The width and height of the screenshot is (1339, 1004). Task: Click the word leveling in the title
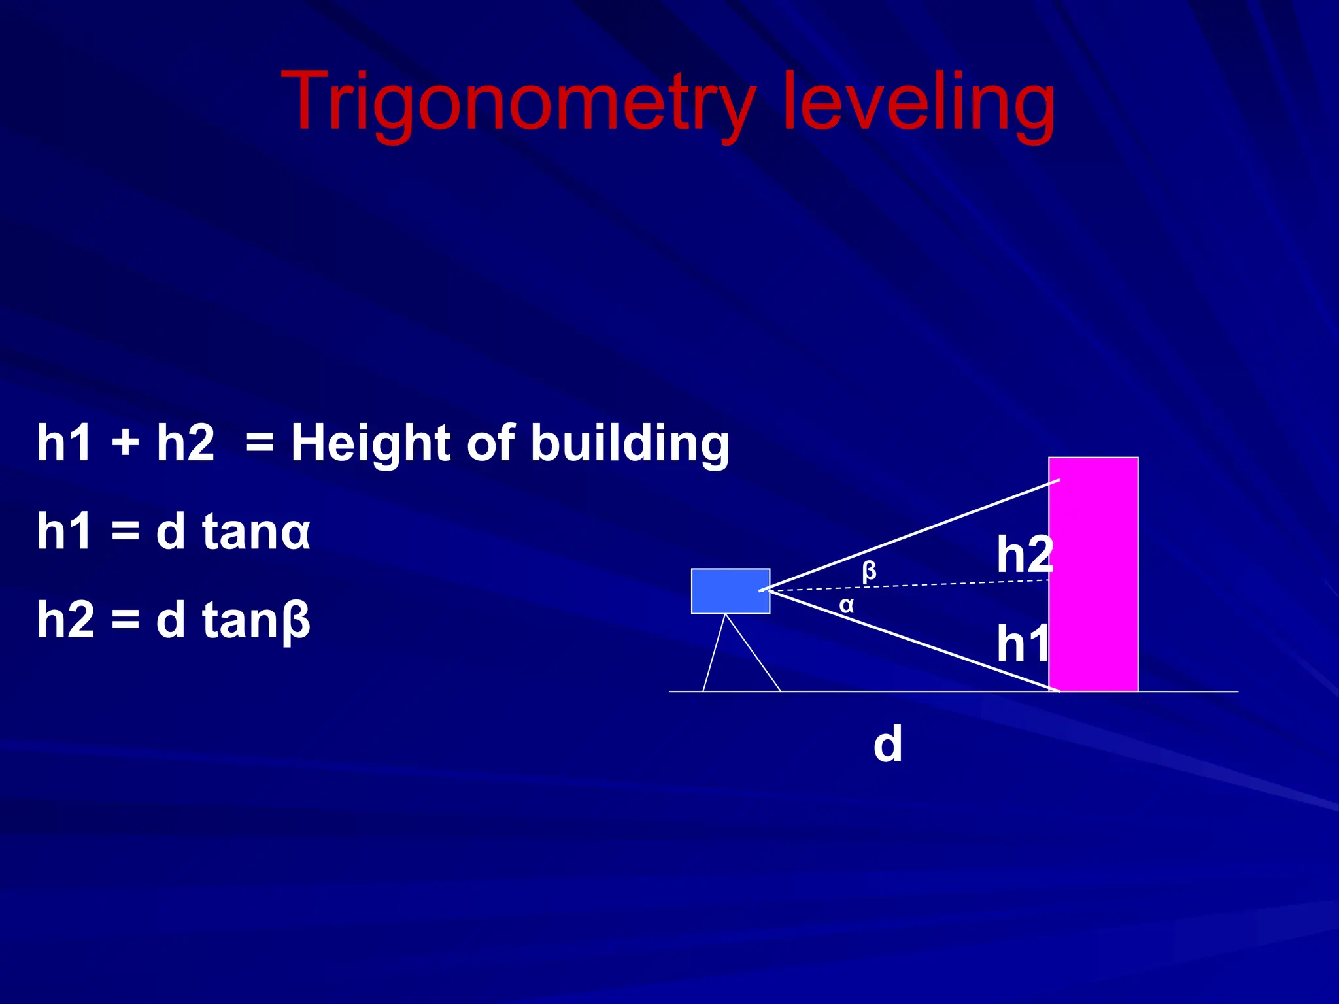click(x=919, y=103)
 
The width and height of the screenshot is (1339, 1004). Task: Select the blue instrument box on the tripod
click(x=730, y=591)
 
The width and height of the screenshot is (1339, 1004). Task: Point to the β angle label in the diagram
click(x=869, y=571)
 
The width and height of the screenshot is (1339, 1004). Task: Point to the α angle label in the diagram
click(x=846, y=605)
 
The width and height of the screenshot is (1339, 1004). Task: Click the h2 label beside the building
click(x=1024, y=554)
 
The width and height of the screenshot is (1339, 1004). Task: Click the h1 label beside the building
click(x=1022, y=643)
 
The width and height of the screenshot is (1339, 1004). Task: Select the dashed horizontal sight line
click(x=915, y=585)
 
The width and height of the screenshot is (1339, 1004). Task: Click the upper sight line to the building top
click(x=915, y=535)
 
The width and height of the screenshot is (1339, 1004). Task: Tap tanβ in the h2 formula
click(x=256, y=621)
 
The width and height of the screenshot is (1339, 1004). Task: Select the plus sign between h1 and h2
click(x=125, y=444)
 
